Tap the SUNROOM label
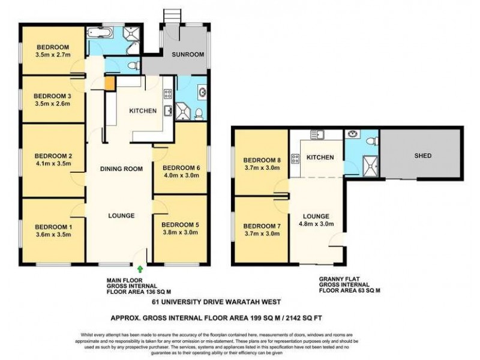[x=188, y=55]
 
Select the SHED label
[x=422, y=156]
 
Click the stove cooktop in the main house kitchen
[x=168, y=94]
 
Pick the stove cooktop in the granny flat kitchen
[x=295, y=158]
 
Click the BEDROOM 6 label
[x=181, y=167]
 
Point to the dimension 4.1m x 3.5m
[x=53, y=163]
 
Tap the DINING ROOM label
[x=121, y=169]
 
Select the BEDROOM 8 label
[x=262, y=160]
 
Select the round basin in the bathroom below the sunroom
[x=200, y=92]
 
